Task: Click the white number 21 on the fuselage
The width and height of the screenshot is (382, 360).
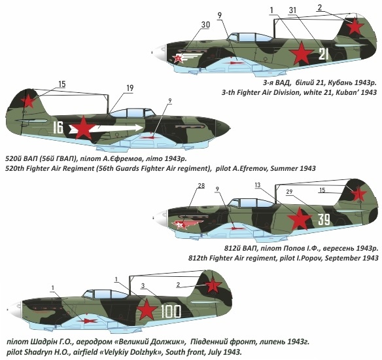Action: pyautogui.click(x=324, y=54)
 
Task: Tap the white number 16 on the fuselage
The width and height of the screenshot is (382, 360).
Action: pyautogui.click(x=58, y=128)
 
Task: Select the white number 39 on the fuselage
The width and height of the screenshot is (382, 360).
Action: pyautogui.click(x=324, y=219)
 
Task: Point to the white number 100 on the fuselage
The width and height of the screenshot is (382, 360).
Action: pyautogui.click(x=171, y=312)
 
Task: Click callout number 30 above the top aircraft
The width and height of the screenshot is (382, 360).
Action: pyautogui.click(x=206, y=25)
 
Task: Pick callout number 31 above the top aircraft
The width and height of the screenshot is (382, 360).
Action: pyautogui.click(x=292, y=10)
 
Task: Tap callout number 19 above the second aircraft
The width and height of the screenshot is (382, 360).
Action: pyautogui.click(x=130, y=88)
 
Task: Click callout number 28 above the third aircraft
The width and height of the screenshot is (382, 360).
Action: pyautogui.click(x=201, y=186)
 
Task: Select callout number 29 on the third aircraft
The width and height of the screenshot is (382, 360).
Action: pyautogui.click(x=289, y=192)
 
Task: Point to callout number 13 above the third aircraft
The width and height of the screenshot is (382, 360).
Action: pyautogui.click(x=258, y=185)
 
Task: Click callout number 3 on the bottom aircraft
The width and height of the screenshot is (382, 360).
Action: pyautogui.click(x=143, y=285)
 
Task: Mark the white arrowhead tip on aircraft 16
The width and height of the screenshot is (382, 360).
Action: pyautogui.click(x=143, y=128)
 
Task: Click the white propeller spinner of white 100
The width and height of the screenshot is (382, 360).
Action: pyautogui.click(x=15, y=309)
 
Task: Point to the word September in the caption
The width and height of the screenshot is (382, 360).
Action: pyautogui.click(x=343, y=258)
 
